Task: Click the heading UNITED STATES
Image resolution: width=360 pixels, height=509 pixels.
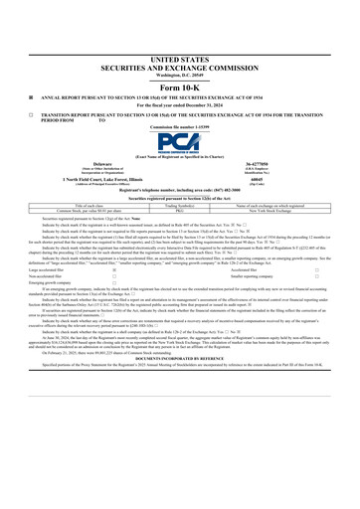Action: coord(179,61)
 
